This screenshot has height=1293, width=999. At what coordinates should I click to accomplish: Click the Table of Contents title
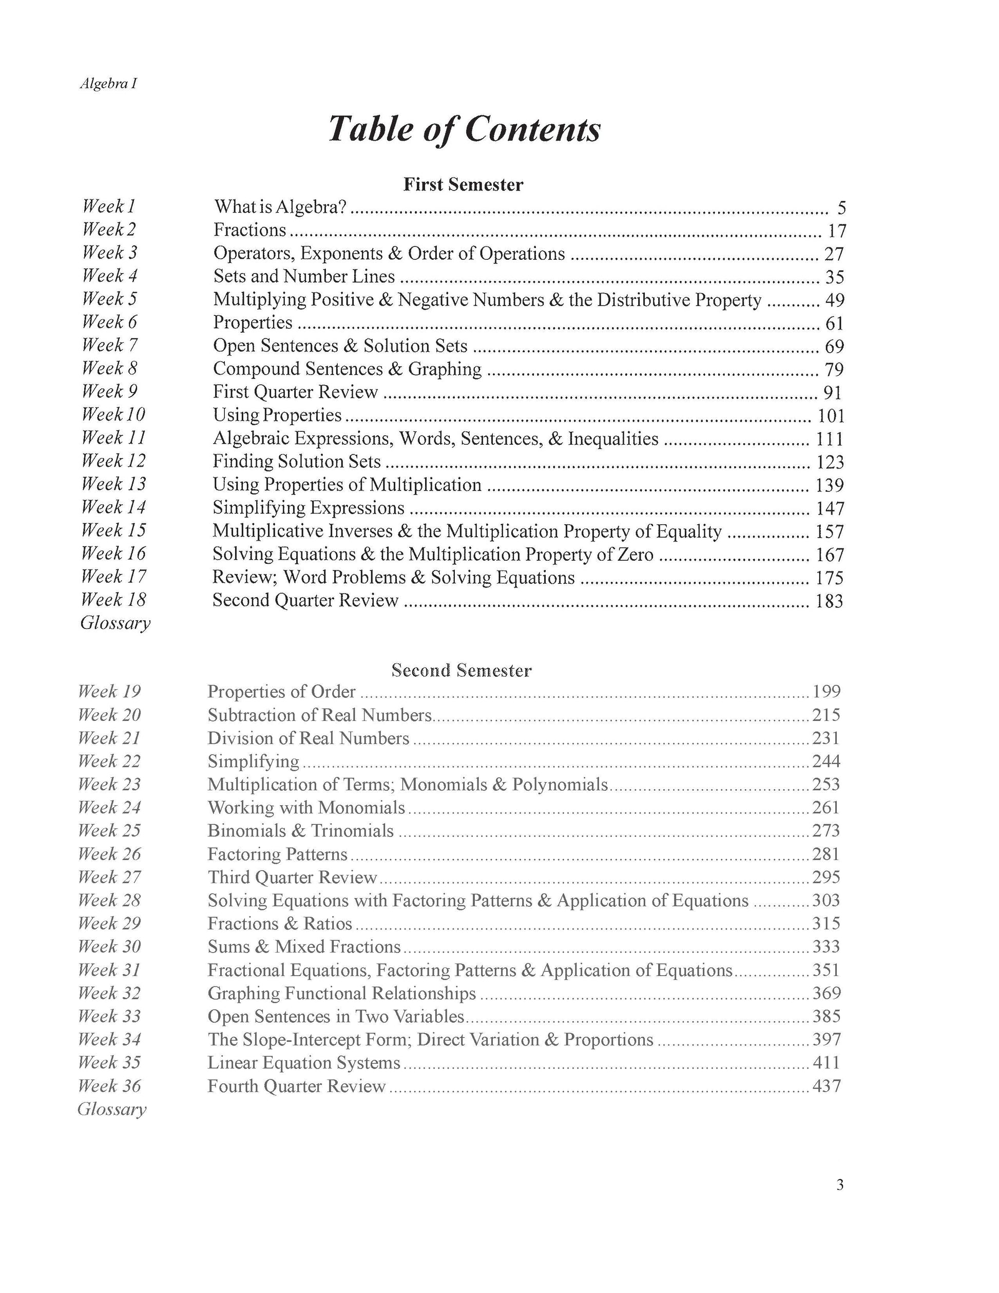[465, 129]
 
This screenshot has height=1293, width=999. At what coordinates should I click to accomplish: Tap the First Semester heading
[464, 185]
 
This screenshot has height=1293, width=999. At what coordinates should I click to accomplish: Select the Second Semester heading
[462, 670]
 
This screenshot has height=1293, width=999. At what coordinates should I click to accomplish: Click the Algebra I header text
[108, 84]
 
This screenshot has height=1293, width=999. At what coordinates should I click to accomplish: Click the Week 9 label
[109, 391]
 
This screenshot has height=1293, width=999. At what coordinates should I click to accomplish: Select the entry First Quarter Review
[295, 392]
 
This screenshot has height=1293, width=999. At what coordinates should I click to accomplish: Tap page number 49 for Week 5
[835, 300]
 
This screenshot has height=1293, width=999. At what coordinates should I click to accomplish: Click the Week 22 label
[109, 761]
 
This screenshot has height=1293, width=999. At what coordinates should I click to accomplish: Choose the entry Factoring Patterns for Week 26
[278, 854]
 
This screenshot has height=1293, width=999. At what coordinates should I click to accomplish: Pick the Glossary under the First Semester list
[116, 623]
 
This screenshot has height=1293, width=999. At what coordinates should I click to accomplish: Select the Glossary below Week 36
[112, 1109]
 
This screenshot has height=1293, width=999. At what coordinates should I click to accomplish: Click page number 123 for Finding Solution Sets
[830, 462]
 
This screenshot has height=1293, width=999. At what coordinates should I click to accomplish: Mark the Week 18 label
[113, 600]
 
